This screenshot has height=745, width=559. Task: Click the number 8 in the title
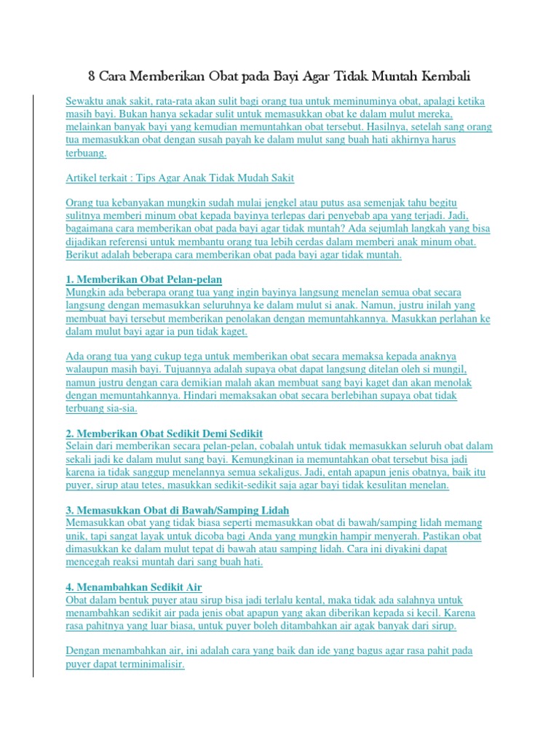tap(92, 76)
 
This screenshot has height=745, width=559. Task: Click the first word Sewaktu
tap(86, 100)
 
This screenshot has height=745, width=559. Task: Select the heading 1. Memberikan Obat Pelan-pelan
tap(144, 279)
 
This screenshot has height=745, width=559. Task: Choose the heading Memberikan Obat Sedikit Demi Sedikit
tap(170, 433)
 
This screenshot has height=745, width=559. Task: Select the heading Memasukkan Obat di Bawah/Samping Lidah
tap(182, 510)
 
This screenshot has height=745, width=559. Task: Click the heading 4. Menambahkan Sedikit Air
tap(134, 587)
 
